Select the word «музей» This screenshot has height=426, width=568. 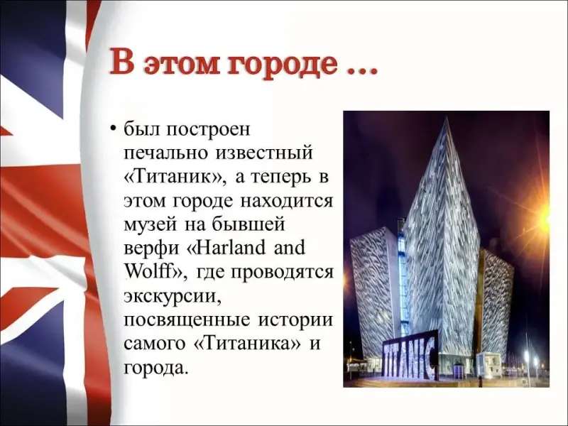point(151,225)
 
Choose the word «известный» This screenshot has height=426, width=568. point(264,153)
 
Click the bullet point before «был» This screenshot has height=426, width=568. point(114,129)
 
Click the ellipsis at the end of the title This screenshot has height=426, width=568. point(362,70)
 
